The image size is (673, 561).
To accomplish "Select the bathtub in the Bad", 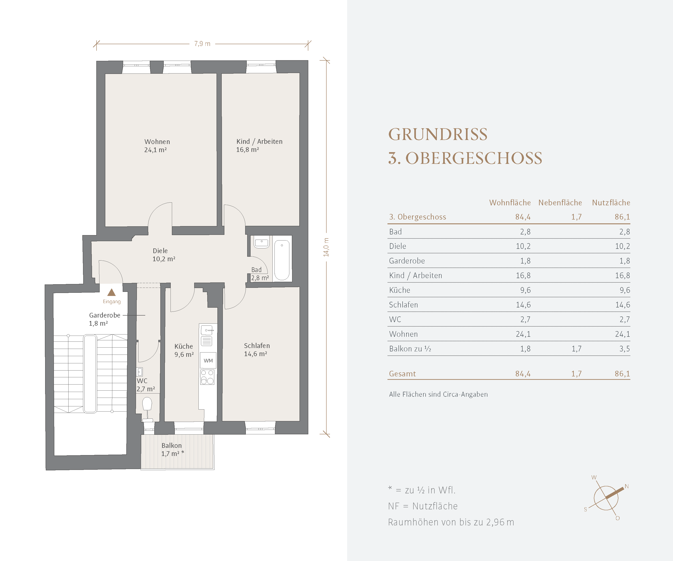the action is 282,260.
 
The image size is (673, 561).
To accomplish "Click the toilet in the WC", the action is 147,408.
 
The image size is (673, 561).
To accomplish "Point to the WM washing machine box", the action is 208,361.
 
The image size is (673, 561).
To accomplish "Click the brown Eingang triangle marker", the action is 111,292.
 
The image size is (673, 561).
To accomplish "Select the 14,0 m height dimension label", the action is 326,247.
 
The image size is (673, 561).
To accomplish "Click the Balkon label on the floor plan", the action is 171,445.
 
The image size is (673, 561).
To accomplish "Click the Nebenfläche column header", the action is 560,203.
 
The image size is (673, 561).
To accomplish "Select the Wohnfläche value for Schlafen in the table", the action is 523,305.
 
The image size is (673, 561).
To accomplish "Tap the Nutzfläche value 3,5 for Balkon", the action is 624,349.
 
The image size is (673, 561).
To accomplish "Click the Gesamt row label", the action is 402,374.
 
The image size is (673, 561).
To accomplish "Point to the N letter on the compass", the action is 627,486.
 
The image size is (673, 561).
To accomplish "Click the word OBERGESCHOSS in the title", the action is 474,158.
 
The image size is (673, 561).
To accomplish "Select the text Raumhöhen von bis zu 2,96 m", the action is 451,522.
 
